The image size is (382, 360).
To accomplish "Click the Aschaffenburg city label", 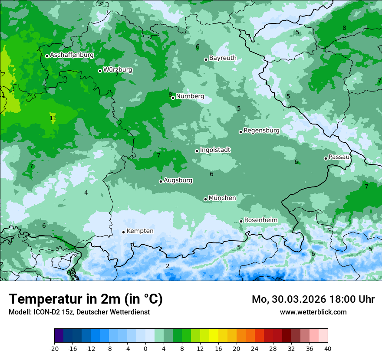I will pyautogui.click(x=72, y=55).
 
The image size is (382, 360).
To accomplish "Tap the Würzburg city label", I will pyautogui.click(x=118, y=70).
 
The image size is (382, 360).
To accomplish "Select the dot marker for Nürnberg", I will pyautogui.click(x=173, y=98).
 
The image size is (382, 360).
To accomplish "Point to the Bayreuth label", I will pyautogui.click(x=223, y=58).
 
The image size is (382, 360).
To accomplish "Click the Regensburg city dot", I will pyautogui.click(x=240, y=132).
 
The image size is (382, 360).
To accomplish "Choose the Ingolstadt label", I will pyautogui.click(x=215, y=150).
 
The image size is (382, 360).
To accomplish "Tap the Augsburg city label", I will pyautogui.click(x=178, y=180).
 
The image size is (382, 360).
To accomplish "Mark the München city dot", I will pyautogui.click(x=205, y=200).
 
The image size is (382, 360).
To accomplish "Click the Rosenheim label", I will pyautogui.click(x=260, y=220).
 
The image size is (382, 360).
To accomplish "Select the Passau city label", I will pyautogui.click(x=339, y=157).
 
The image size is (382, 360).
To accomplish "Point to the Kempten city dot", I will pyautogui.click(x=123, y=232).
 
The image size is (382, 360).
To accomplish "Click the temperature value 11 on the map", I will pyautogui.click(x=53, y=118).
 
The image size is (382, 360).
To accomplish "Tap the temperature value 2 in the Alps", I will pyautogui.click(x=168, y=266).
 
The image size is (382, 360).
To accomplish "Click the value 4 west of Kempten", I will pyautogui.click(x=86, y=193).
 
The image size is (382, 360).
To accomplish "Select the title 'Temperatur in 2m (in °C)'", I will pyautogui.click(x=86, y=299).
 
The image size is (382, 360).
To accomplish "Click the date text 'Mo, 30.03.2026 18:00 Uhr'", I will pyautogui.click(x=313, y=299).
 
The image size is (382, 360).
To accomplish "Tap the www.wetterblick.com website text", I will pyautogui.click(x=313, y=312).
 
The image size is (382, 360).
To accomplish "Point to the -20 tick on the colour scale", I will pyautogui.click(x=54, y=348).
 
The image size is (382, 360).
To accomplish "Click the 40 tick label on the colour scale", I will pyautogui.click(x=327, y=348).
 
